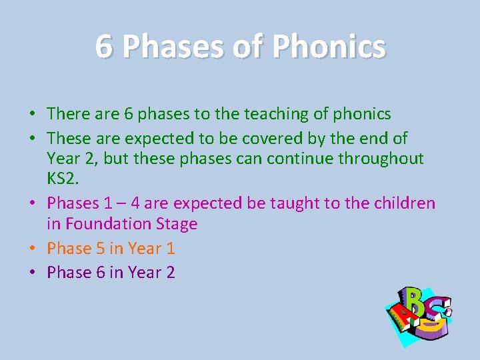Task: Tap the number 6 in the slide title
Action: click(104, 47)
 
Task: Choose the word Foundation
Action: click(110, 224)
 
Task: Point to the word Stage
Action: click(177, 224)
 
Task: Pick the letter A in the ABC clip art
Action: click(398, 319)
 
